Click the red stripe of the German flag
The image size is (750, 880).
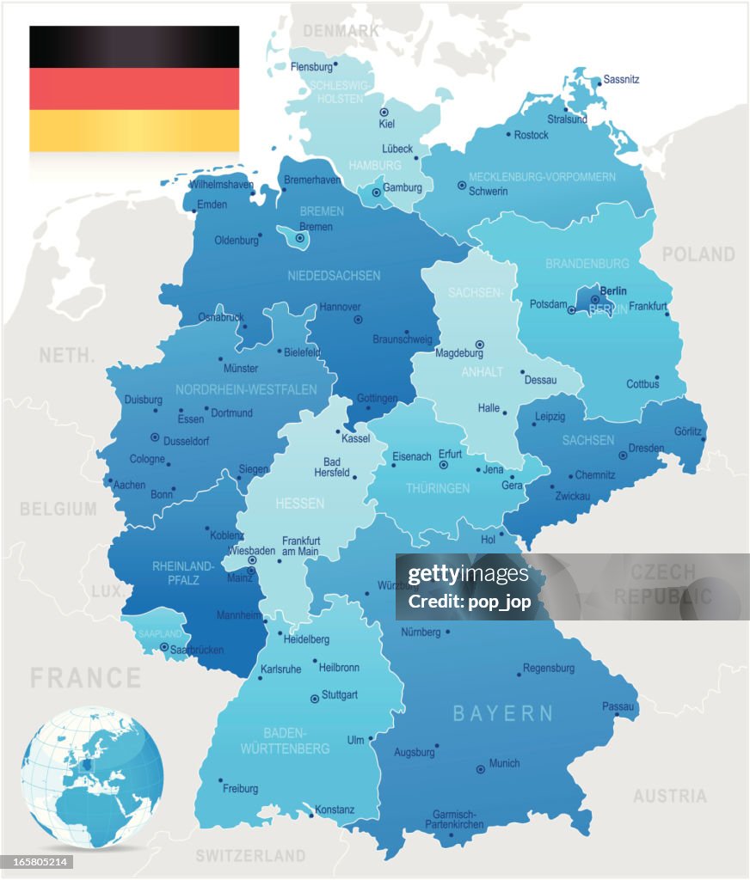[x=134, y=89]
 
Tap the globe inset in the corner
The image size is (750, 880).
[x=92, y=777]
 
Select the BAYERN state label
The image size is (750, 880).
[x=503, y=712]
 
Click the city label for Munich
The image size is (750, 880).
[x=504, y=763]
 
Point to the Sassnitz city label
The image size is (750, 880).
[x=621, y=79]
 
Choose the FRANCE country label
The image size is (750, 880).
[x=85, y=678]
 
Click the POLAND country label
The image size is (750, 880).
[x=698, y=254]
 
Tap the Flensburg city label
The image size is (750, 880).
[x=310, y=66]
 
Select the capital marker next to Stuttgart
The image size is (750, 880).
[x=314, y=699]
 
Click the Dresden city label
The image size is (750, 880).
[x=646, y=448]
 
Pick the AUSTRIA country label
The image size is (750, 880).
[x=670, y=797]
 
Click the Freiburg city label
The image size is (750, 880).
[x=240, y=788]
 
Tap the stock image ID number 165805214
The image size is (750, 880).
[x=37, y=862]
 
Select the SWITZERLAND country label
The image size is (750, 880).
[x=250, y=856]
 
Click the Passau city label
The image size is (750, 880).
[x=618, y=706]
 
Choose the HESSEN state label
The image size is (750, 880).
[x=299, y=504]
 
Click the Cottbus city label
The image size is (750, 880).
[x=642, y=384]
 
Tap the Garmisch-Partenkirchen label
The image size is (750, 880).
[x=454, y=819]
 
